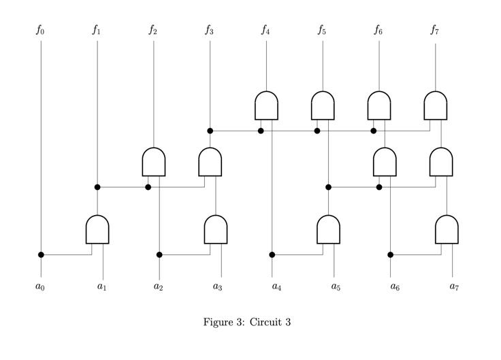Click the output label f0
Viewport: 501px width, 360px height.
[x=41, y=30]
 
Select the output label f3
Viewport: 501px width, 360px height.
[x=210, y=30]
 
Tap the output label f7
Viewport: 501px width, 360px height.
[x=435, y=30]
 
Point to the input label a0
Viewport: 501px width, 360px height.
[x=41, y=287]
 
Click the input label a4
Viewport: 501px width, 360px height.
[x=277, y=287]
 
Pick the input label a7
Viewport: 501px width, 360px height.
[x=454, y=287]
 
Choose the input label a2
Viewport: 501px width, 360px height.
[x=159, y=287]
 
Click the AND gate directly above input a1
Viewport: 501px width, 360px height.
[x=97, y=229]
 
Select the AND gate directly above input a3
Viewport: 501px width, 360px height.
[x=216, y=229]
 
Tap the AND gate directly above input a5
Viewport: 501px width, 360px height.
[x=328, y=229]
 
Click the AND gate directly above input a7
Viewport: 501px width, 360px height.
[x=447, y=229]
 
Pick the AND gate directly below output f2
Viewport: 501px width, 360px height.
[x=154, y=161]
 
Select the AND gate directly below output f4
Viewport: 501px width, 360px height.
[x=266, y=105]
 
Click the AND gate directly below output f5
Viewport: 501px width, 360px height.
[x=323, y=105]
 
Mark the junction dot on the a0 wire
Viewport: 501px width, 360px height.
[x=41, y=255]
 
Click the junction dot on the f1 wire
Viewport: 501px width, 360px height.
[x=97, y=186]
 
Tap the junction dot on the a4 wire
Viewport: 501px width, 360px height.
[x=272, y=255]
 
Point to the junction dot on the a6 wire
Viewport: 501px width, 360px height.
[x=390, y=255]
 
